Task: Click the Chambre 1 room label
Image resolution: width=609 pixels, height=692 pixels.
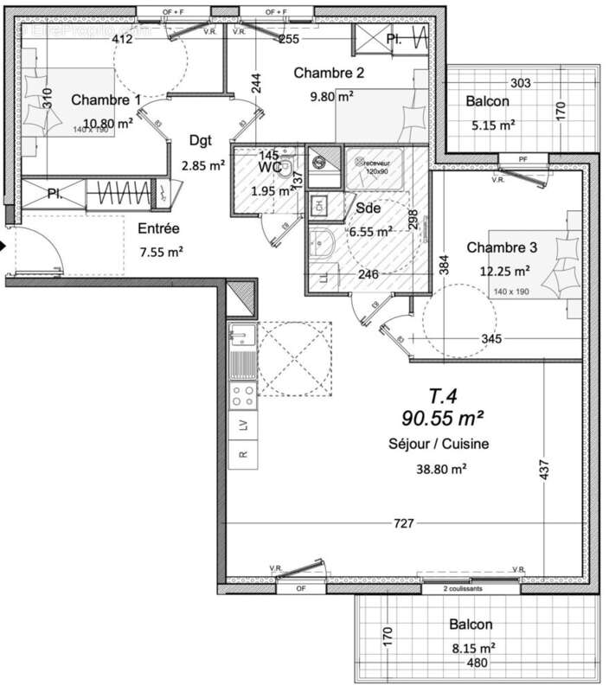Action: pyautogui.click(x=106, y=100)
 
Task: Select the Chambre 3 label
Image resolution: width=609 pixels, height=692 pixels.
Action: pyautogui.click(x=502, y=247)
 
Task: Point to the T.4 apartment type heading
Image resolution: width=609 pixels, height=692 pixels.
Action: pyautogui.click(x=443, y=397)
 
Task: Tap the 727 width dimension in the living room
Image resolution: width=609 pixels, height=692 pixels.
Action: pyautogui.click(x=404, y=523)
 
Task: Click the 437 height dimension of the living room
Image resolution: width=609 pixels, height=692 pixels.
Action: pyautogui.click(x=544, y=470)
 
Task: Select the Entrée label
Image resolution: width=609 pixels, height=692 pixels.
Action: pyautogui.click(x=158, y=229)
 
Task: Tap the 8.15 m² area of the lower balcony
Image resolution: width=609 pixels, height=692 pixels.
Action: pyautogui.click(x=471, y=646)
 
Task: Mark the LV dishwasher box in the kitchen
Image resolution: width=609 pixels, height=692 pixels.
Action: pyautogui.click(x=243, y=424)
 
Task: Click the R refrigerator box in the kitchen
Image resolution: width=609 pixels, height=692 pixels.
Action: pyautogui.click(x=243, y=453)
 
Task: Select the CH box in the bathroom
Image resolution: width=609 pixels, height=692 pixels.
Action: pyautogui.click(x=318, y=205)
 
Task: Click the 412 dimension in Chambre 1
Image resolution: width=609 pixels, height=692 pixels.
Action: pyautogui.click(x=122, y=39)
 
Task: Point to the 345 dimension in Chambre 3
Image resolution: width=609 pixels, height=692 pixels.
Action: pyautogui.click(x=491, y=339)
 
